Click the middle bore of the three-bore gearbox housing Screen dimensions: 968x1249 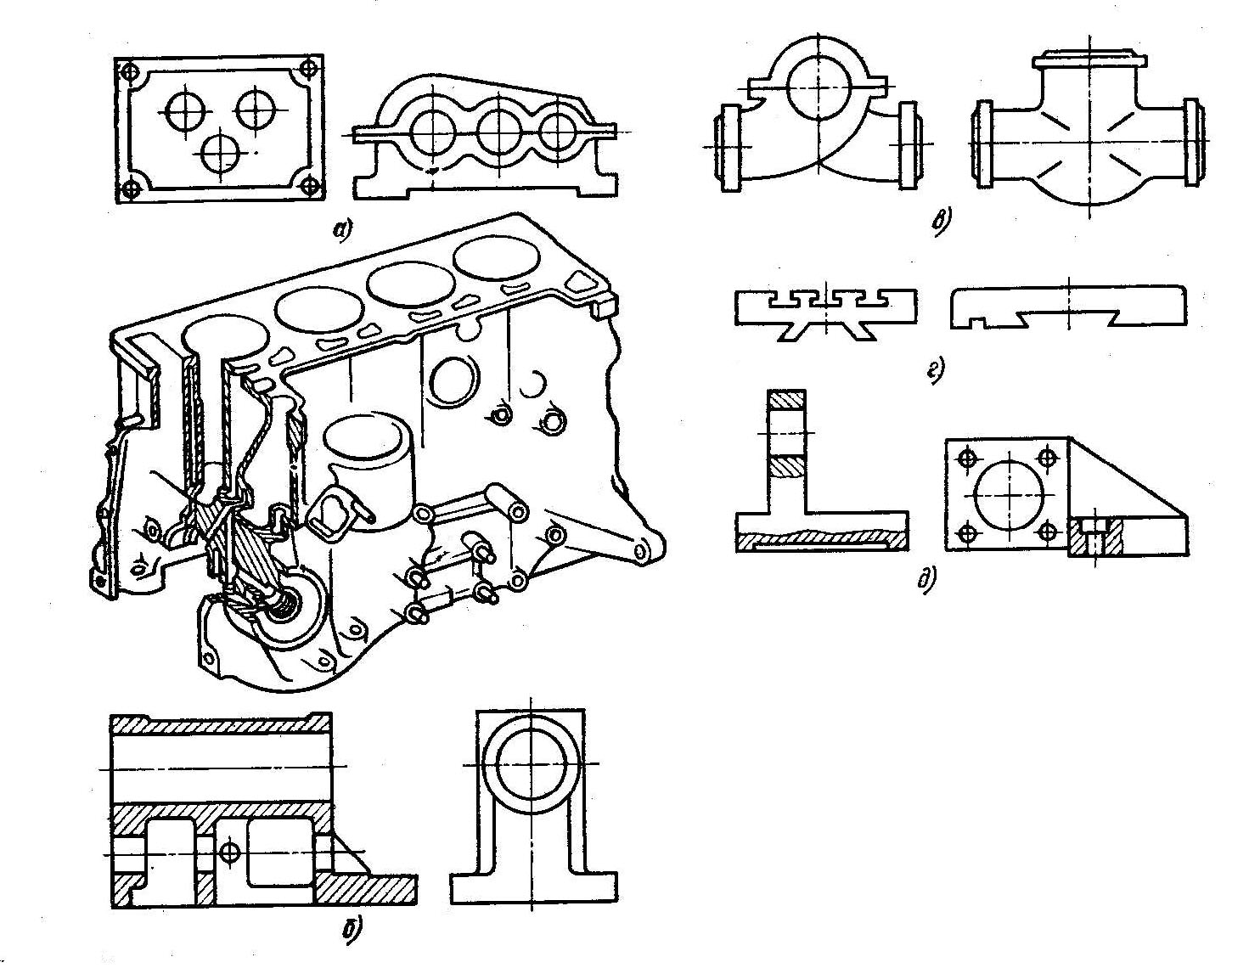498,131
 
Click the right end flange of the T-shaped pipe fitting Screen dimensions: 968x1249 1190,143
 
